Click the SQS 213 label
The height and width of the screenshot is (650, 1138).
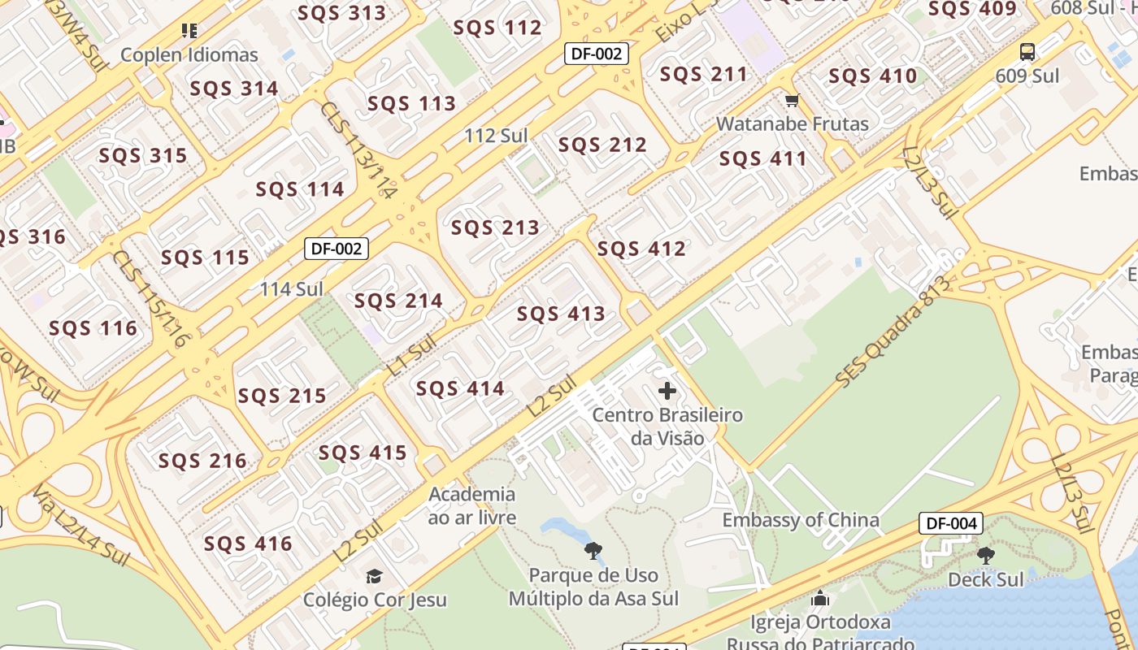coord(495,227)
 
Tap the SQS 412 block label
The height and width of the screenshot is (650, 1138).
coord(641,249)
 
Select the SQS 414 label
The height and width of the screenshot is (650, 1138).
coord(460,388)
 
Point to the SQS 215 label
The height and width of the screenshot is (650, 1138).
coord(282,396)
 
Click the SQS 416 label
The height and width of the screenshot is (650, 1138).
coord(248,544)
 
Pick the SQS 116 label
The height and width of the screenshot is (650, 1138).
coord(93,328)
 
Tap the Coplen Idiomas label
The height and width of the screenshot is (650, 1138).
coord(189,55)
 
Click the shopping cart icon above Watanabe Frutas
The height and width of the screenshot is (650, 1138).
coord(793,100)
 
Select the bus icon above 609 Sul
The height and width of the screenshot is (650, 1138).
coord(1027,52)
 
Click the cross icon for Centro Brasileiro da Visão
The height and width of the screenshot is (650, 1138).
coord(667,391)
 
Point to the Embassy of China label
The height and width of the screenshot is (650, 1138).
coord(801,520)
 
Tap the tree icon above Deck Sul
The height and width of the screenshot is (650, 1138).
coord(985,556)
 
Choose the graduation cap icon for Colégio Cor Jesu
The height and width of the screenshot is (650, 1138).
coord(374,576)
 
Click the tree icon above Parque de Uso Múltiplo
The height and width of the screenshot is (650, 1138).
coord(593,550)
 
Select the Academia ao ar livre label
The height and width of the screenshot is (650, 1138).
coord(471,505)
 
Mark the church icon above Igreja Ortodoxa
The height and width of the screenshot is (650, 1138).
coord(820,599)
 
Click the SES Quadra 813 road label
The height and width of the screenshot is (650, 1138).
coord(893,332)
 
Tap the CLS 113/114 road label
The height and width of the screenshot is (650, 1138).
coord(358,151)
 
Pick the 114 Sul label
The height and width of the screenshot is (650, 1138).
coord(292,288)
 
